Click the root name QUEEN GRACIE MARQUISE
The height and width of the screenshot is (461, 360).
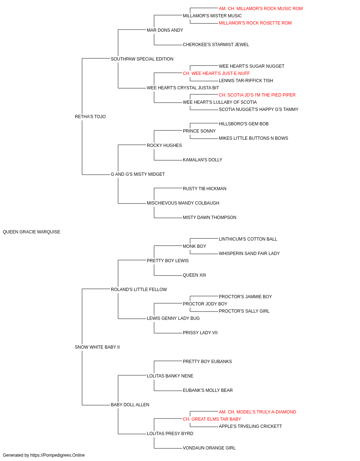tap(31, 232)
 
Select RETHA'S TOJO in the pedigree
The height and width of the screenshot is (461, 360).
tap(90, 117)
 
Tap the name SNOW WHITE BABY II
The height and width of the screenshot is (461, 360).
tap(97, 347)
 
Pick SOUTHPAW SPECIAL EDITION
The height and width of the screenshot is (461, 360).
tap(142, 59)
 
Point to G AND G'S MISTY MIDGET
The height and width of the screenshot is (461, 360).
tap(138, 174)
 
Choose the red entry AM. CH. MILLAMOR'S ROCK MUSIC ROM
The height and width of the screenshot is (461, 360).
tap(261, 9)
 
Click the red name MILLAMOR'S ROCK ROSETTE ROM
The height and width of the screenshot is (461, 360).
tap(255, 23)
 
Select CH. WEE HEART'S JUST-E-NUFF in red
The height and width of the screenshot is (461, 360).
tap(216, 73)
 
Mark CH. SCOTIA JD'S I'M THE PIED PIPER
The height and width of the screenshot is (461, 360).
tap(257, 95)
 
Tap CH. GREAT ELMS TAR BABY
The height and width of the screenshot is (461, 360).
tap(212, 419)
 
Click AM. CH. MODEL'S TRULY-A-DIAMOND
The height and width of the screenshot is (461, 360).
tap(257, 412)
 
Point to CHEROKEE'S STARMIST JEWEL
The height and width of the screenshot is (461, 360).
tap(216, 45)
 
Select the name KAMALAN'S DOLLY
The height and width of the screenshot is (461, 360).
tap(202, 160)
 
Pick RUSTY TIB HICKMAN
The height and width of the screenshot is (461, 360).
tap(204, 189)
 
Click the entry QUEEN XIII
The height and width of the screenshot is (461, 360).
tap(194, 275)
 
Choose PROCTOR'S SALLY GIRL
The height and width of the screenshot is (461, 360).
tap(244, 311)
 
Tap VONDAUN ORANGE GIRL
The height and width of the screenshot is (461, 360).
tap(209, 448)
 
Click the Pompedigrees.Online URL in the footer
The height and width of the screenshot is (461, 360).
tap(58, 455)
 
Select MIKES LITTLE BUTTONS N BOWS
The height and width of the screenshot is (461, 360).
tap(253, 138)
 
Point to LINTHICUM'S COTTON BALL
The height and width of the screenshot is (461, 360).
tap(248, 239)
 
